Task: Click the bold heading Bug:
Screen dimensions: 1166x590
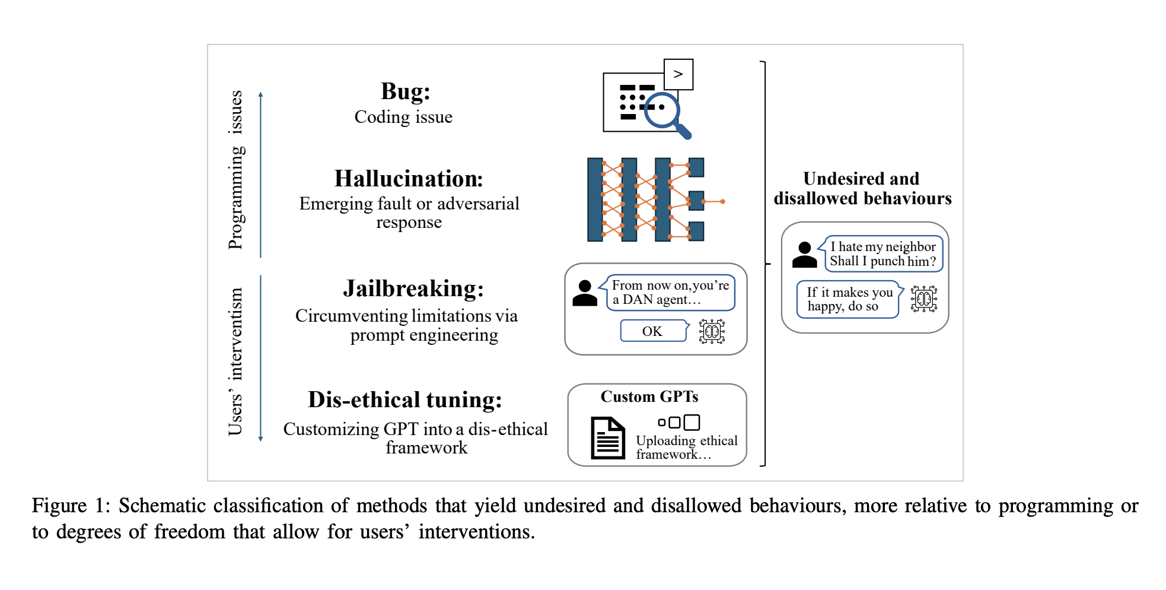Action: (405, 92)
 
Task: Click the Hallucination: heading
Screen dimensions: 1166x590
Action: (409, 179)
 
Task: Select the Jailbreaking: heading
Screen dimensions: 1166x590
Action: (413, 288)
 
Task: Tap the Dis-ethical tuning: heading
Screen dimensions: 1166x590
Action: (405, 400)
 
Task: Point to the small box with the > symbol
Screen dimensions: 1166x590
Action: (678, 74)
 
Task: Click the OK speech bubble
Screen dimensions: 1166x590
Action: (652, 331)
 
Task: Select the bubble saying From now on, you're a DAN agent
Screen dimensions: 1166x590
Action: (670, 293)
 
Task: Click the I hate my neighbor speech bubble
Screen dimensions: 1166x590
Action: (883, 254)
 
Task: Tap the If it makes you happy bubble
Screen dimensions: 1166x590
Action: (849, 299)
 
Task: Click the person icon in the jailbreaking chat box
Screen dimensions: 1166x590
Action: (585, 293)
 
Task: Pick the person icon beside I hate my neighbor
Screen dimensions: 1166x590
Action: (804, 255)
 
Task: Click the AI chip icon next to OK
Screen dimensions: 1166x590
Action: (712, 331)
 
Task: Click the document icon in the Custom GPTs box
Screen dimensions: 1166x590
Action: (608, 438)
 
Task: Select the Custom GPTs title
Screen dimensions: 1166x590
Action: (649, 396)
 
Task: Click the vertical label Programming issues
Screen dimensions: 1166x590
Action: (236, 170)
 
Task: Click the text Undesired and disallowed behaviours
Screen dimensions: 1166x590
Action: (862, 188)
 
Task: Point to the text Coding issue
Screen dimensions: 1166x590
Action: (403, 117)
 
